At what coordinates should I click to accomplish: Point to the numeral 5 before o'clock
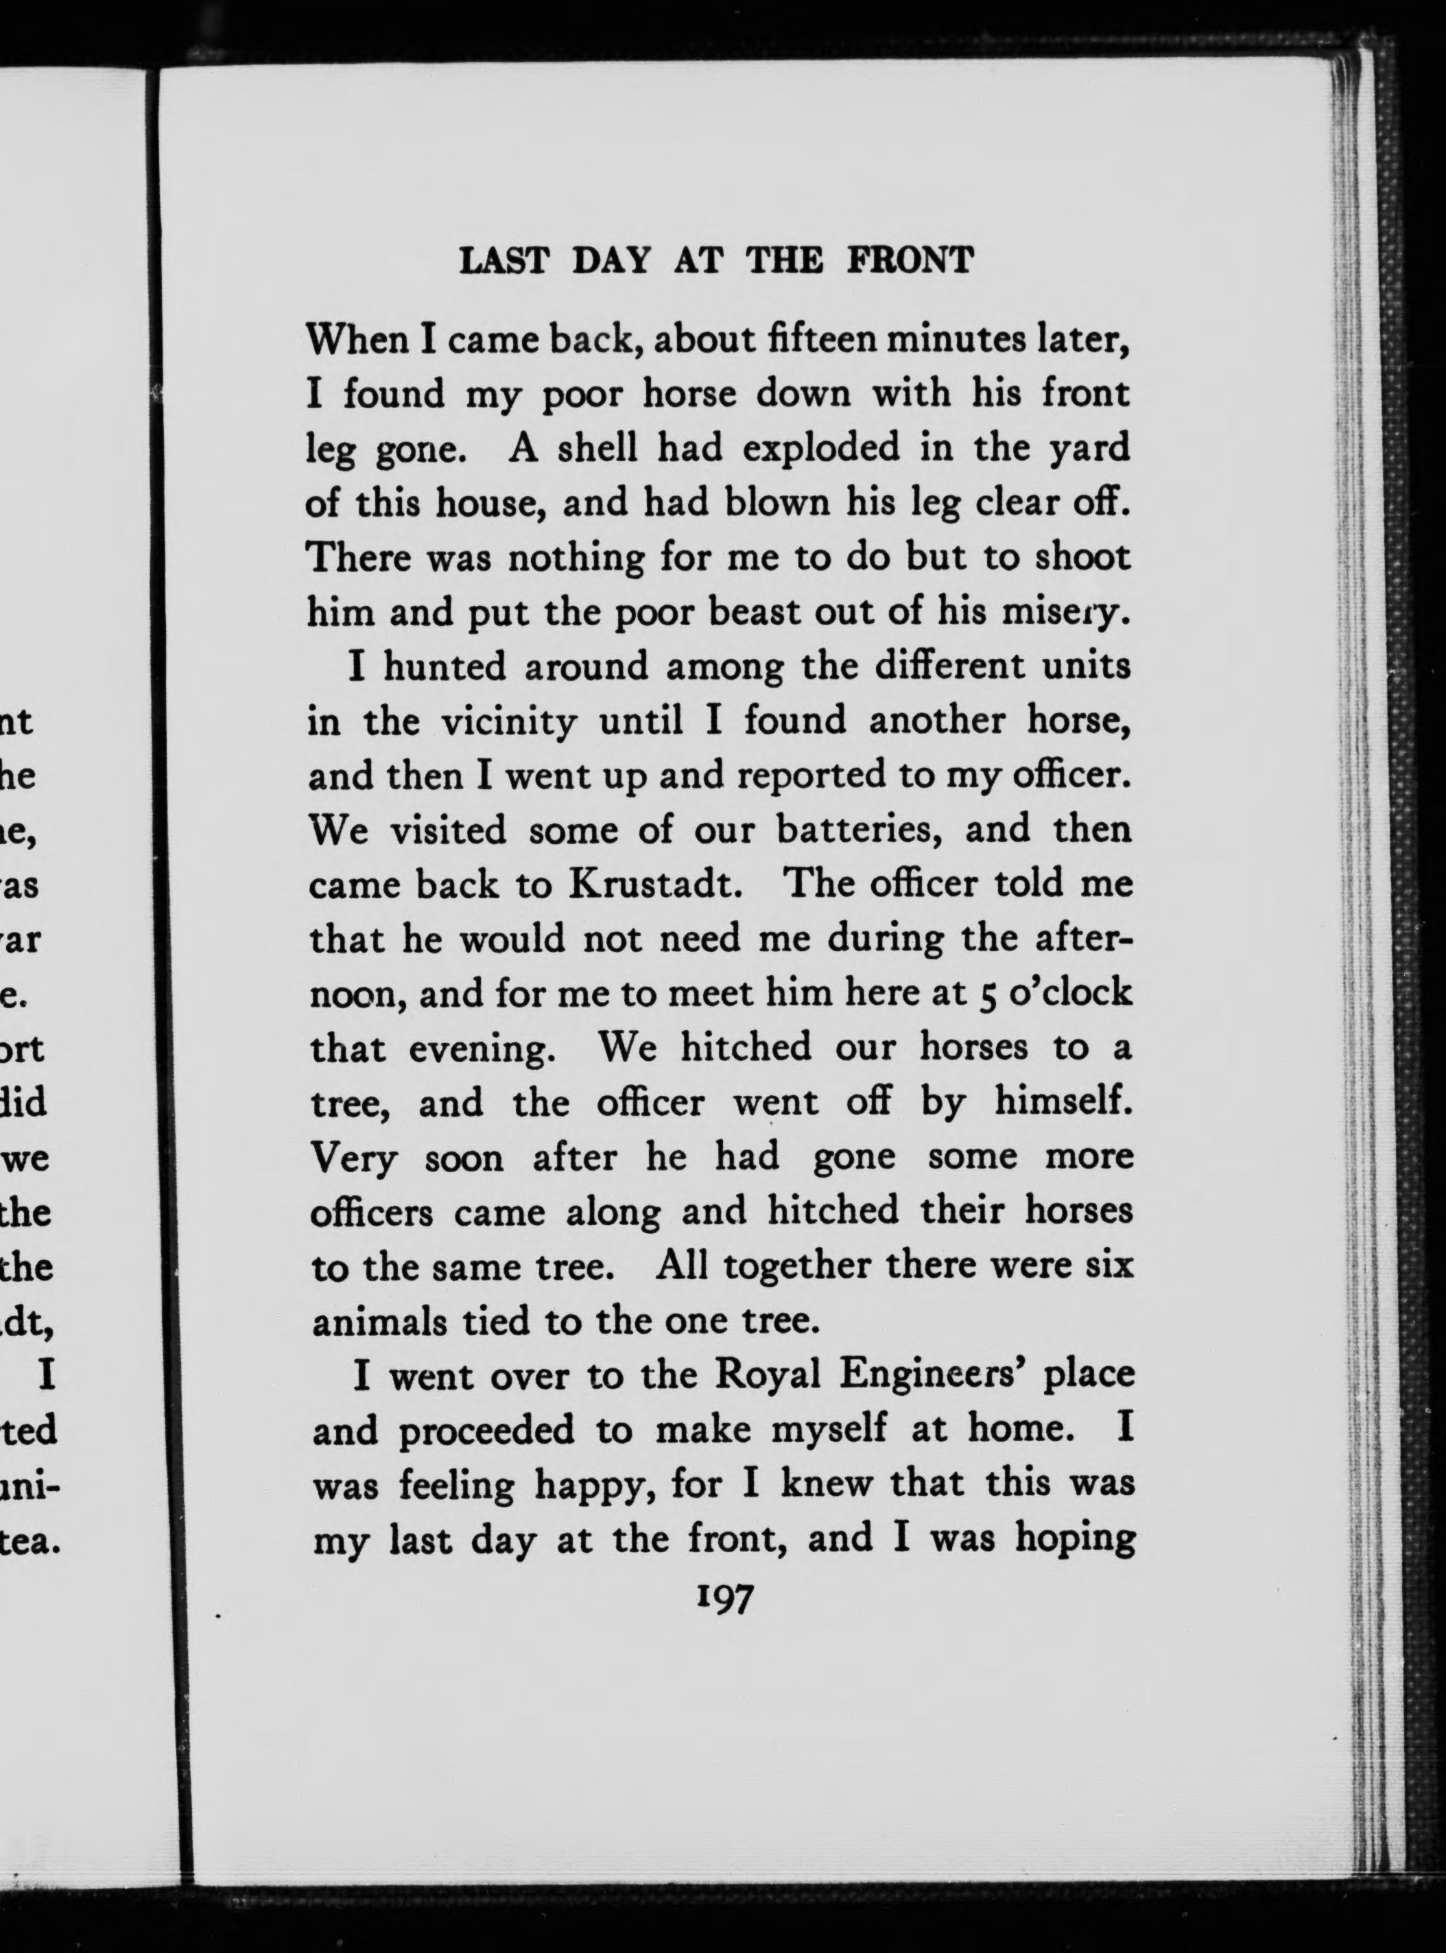tap(982, 994)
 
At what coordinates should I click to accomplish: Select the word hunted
tap(447, 667)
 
